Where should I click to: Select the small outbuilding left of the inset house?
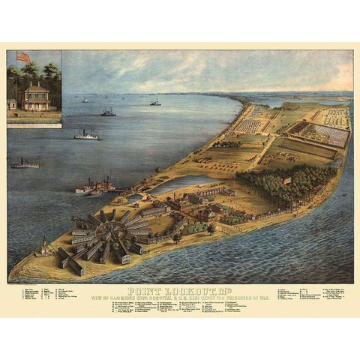[12, 103]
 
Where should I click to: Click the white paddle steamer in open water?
[86, 135]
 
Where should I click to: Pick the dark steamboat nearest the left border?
[25, 163]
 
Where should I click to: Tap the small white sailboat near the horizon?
[82, 100]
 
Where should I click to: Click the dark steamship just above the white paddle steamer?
[109, 112]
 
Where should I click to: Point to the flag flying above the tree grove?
[287, 180]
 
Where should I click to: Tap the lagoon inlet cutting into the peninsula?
[180, 183]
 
